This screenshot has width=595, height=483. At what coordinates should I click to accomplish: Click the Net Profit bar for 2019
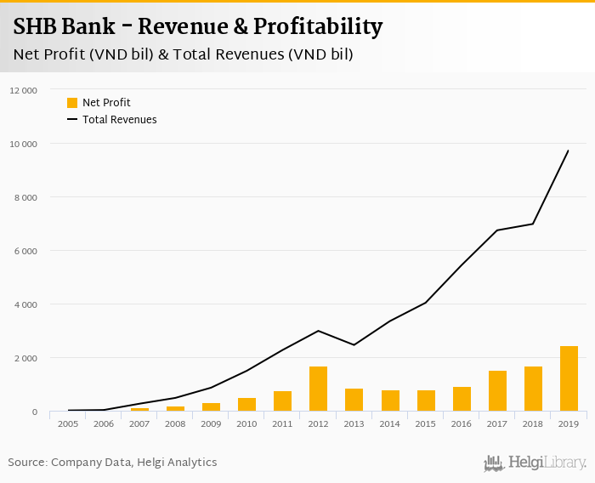[x=569, y=379]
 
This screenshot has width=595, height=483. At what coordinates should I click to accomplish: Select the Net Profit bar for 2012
[x=319, y=389]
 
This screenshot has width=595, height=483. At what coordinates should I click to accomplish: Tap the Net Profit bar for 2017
[x=497, y=391]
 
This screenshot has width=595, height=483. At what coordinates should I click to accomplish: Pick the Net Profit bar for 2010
[x=247, y=405]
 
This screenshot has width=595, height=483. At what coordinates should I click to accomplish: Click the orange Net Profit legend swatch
[x=72, y=103]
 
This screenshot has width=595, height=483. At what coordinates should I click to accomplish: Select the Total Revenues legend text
[x=119, y=120]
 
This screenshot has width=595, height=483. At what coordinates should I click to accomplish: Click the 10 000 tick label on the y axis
[x=23, y=144]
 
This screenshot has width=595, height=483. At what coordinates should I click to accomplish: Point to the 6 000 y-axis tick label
[x=25, y=251]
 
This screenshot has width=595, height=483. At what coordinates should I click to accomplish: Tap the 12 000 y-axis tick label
[x=23, y=90]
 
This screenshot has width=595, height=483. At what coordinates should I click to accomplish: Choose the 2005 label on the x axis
[x=68, y=423]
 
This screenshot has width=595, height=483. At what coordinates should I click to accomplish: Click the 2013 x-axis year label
[x=354, y=423]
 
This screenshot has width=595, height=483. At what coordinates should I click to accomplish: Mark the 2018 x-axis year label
[x=533, y=423]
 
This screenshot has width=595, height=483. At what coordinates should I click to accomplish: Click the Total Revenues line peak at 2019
[x=569, y=151]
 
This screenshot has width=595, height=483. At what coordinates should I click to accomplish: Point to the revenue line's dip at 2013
[x=354, y=344]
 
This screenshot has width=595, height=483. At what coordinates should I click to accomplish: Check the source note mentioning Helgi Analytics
[x=112, y=463]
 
